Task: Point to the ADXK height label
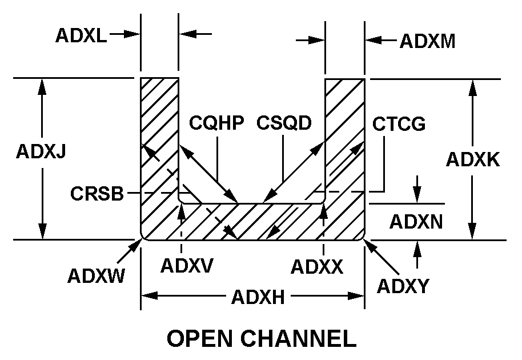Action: (x=473, y=159)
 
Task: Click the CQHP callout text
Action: (x=216, y=123)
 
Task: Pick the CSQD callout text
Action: (x=284, y=123)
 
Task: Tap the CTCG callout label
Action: (x=399, y=124)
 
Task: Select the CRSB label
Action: (x=97, y=194)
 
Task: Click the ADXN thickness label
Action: (x=416, y=222)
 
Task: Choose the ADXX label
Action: (x=317, y=266)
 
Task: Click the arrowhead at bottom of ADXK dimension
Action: (x=472, y=234)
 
